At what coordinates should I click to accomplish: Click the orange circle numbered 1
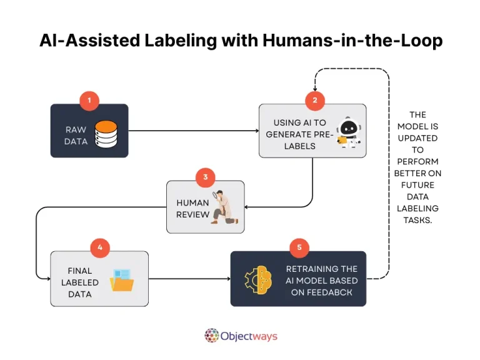coord(89,100)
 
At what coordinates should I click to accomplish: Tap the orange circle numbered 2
coord(315,100)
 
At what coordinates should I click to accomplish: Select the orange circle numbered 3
coord(205,178)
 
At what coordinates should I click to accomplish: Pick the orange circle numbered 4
coord(100,247)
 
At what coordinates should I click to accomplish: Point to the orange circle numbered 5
coord(299,247)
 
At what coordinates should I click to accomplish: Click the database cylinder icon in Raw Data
coord(106,134)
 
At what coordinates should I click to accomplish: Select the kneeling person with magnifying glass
coord(222,207)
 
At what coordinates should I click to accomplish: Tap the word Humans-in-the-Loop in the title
coord(352,41)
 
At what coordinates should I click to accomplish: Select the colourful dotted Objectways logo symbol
coord(212,336)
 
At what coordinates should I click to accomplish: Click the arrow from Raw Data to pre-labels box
coord(194,131)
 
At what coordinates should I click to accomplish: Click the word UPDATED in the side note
coord(417,138)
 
